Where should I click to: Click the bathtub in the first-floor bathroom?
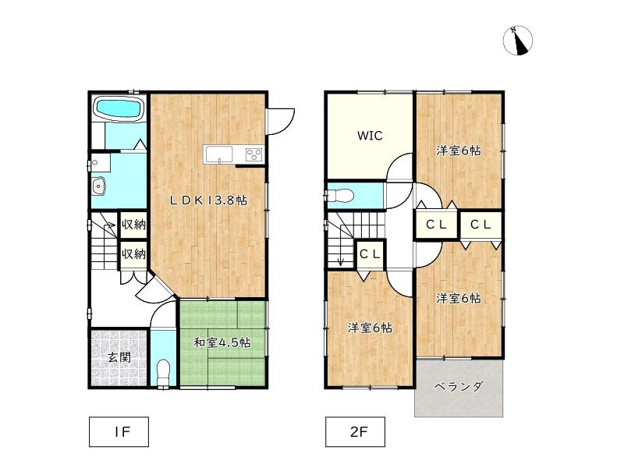(119, 109)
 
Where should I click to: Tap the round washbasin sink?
(98, 186)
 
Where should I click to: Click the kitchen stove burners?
(254, 154)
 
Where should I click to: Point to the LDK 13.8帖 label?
(209, 200)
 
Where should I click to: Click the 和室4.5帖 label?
(222, 342)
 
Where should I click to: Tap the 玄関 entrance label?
(119, 358)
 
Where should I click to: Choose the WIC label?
(370, 136)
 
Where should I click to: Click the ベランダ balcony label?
(458, 386)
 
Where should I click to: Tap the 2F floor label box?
(355, 430)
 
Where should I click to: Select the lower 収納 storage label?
(133, 253)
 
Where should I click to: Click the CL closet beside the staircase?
(370, 253)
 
